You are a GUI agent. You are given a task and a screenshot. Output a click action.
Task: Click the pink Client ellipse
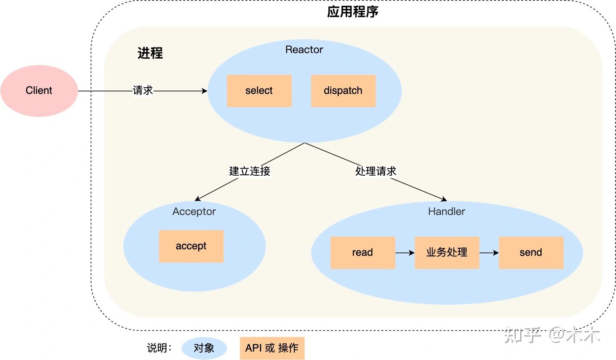(x=39, y=91)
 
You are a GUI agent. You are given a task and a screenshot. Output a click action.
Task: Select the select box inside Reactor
(x=259, y=91)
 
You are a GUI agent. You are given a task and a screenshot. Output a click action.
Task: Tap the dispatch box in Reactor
(x=343, y=91)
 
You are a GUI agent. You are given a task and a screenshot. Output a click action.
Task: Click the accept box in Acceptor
(x=191, y=246)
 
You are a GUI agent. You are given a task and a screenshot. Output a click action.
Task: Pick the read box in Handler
(x=363, y=253)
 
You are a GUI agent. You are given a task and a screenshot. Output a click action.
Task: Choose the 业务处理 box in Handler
(x=447, y=253)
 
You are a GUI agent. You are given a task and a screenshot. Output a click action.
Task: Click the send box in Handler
(x=531, y=253)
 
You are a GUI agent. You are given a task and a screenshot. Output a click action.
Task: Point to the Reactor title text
(x=304, y=50)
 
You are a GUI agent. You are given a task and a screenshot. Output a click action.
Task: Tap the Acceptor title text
(x=194, y=212)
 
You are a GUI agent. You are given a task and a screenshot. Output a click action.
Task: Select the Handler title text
(x=446, y=212)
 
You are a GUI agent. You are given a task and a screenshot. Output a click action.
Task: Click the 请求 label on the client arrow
(x=143, y=91)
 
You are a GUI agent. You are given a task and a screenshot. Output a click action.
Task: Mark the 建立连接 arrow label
(x=250, y=171)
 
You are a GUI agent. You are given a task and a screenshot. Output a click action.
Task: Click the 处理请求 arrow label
(x=376, y=171)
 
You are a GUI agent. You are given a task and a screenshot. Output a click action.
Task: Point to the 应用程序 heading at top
(x=353, y=12)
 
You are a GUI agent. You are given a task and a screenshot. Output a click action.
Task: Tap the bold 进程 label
(x=150, y=53)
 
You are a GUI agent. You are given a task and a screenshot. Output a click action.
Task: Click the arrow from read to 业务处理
(x=404, y=253)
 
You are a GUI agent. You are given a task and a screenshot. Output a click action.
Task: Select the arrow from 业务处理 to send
(x=489, y=253)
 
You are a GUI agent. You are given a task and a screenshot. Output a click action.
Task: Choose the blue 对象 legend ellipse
(x=204, y=348)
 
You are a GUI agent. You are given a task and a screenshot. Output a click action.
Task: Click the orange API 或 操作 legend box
(x=272, y=348)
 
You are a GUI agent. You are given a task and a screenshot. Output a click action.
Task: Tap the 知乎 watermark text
(x=523, y=335)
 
